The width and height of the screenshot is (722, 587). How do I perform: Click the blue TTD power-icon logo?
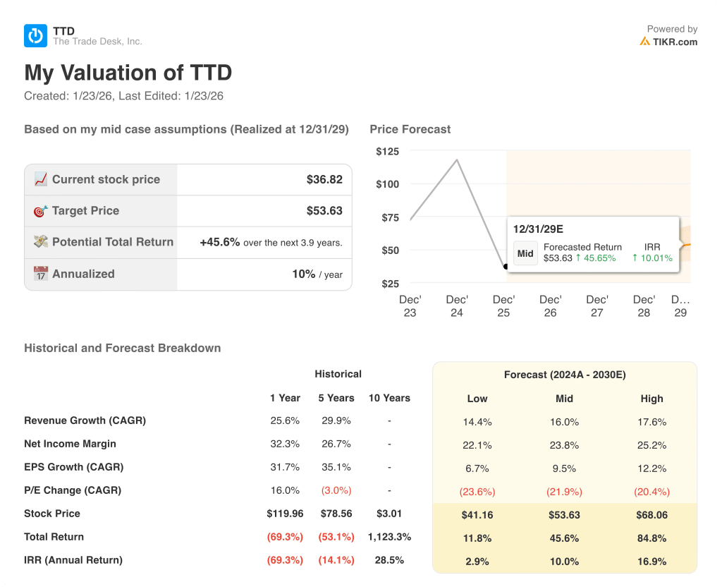pos(35,36)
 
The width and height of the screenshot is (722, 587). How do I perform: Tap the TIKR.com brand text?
pos(675,42)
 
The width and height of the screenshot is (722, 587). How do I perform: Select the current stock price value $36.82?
pos(324,180)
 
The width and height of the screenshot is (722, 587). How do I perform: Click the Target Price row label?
pos(85,211)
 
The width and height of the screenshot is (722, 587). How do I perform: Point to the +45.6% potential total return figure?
pos(219,242)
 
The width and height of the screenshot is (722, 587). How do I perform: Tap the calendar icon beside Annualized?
pos(41,274)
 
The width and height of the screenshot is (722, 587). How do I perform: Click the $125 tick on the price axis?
pos(387,152)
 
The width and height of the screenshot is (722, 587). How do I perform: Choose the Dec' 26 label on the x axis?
pos(550,306)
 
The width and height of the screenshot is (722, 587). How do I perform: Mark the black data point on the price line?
pos(506,267)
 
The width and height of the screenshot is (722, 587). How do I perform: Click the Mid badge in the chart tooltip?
pos(525,253)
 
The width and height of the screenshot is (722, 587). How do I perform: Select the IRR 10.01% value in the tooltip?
pos(652,258)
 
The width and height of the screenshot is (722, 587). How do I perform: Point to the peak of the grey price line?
pos(458,160)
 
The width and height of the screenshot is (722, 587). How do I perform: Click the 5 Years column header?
pos(336,398)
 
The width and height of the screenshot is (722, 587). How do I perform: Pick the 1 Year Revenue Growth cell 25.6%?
pos(285,420)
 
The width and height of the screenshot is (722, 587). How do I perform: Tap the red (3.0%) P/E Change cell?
pos(336,490)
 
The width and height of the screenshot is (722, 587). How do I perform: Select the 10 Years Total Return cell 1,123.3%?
pos(389,537)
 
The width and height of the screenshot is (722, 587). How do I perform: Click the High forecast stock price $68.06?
pos(651,515)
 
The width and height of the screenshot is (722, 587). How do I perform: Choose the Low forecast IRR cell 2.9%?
pos(477,562)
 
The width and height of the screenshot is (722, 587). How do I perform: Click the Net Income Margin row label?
pos(70,444)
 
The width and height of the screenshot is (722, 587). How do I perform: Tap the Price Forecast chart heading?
pos(410,129)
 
